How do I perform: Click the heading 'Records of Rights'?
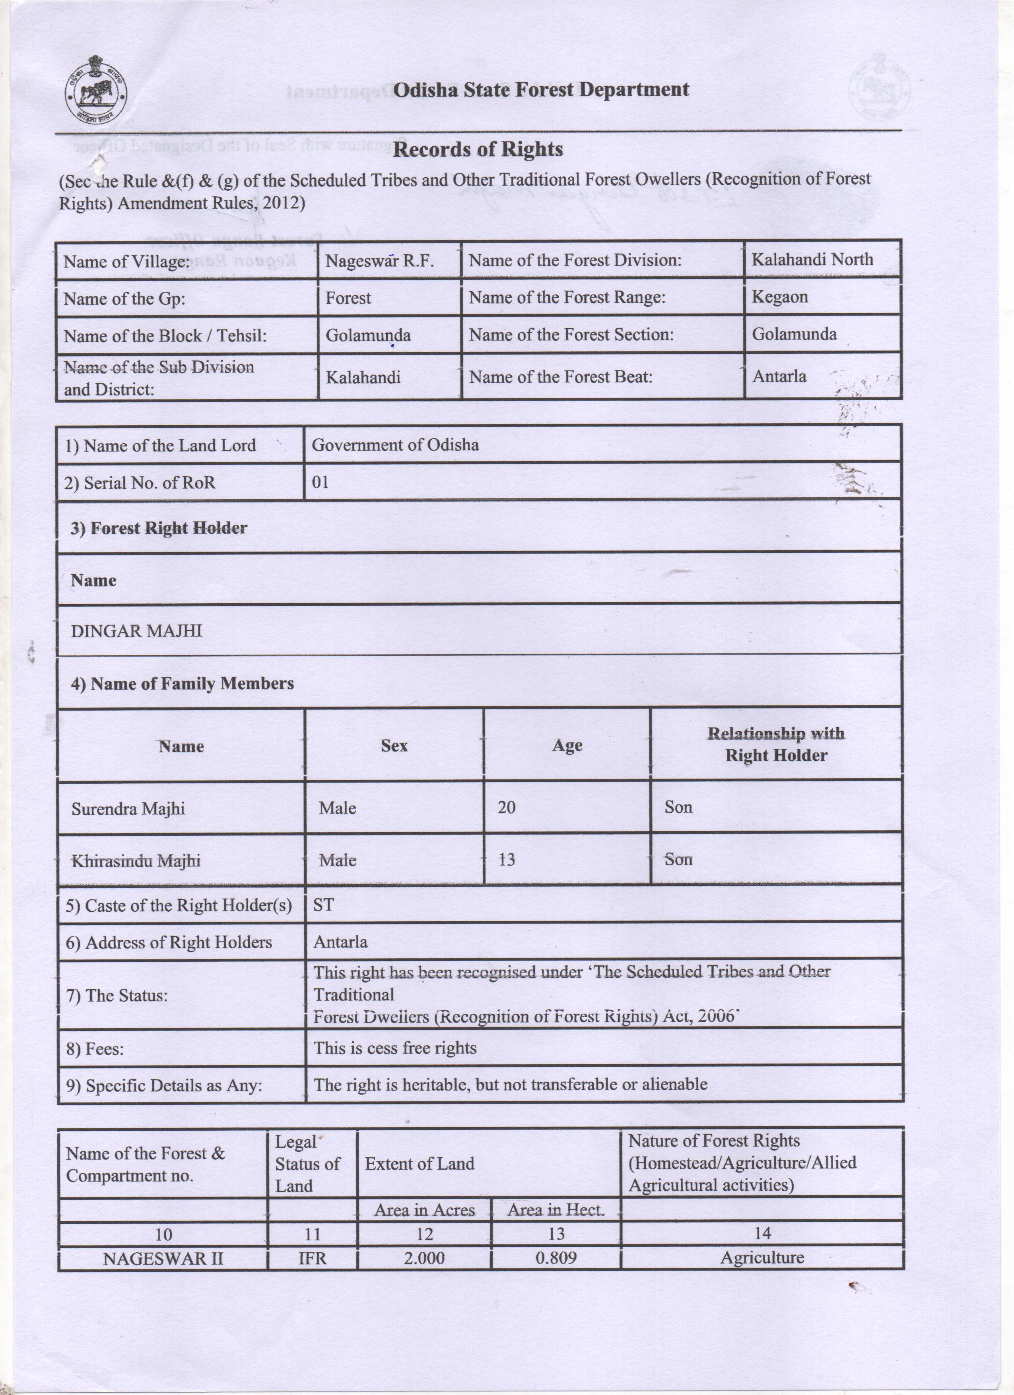click(478, 149)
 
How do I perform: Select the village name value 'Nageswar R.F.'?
click(380, 261)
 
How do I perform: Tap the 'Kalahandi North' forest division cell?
click(812, 260)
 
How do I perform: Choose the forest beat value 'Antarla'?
click(779, 376)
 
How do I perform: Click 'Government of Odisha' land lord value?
click(395, 445)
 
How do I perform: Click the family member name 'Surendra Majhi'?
click(128, 808)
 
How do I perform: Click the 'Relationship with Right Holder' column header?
click(776, 744)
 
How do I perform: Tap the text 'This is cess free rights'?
click(395, 1048)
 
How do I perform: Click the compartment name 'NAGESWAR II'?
click(163, 1258)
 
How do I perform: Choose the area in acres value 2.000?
click(425, 1258)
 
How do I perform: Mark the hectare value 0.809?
click(556, 1258)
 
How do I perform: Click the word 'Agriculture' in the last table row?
click(762, 1258)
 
